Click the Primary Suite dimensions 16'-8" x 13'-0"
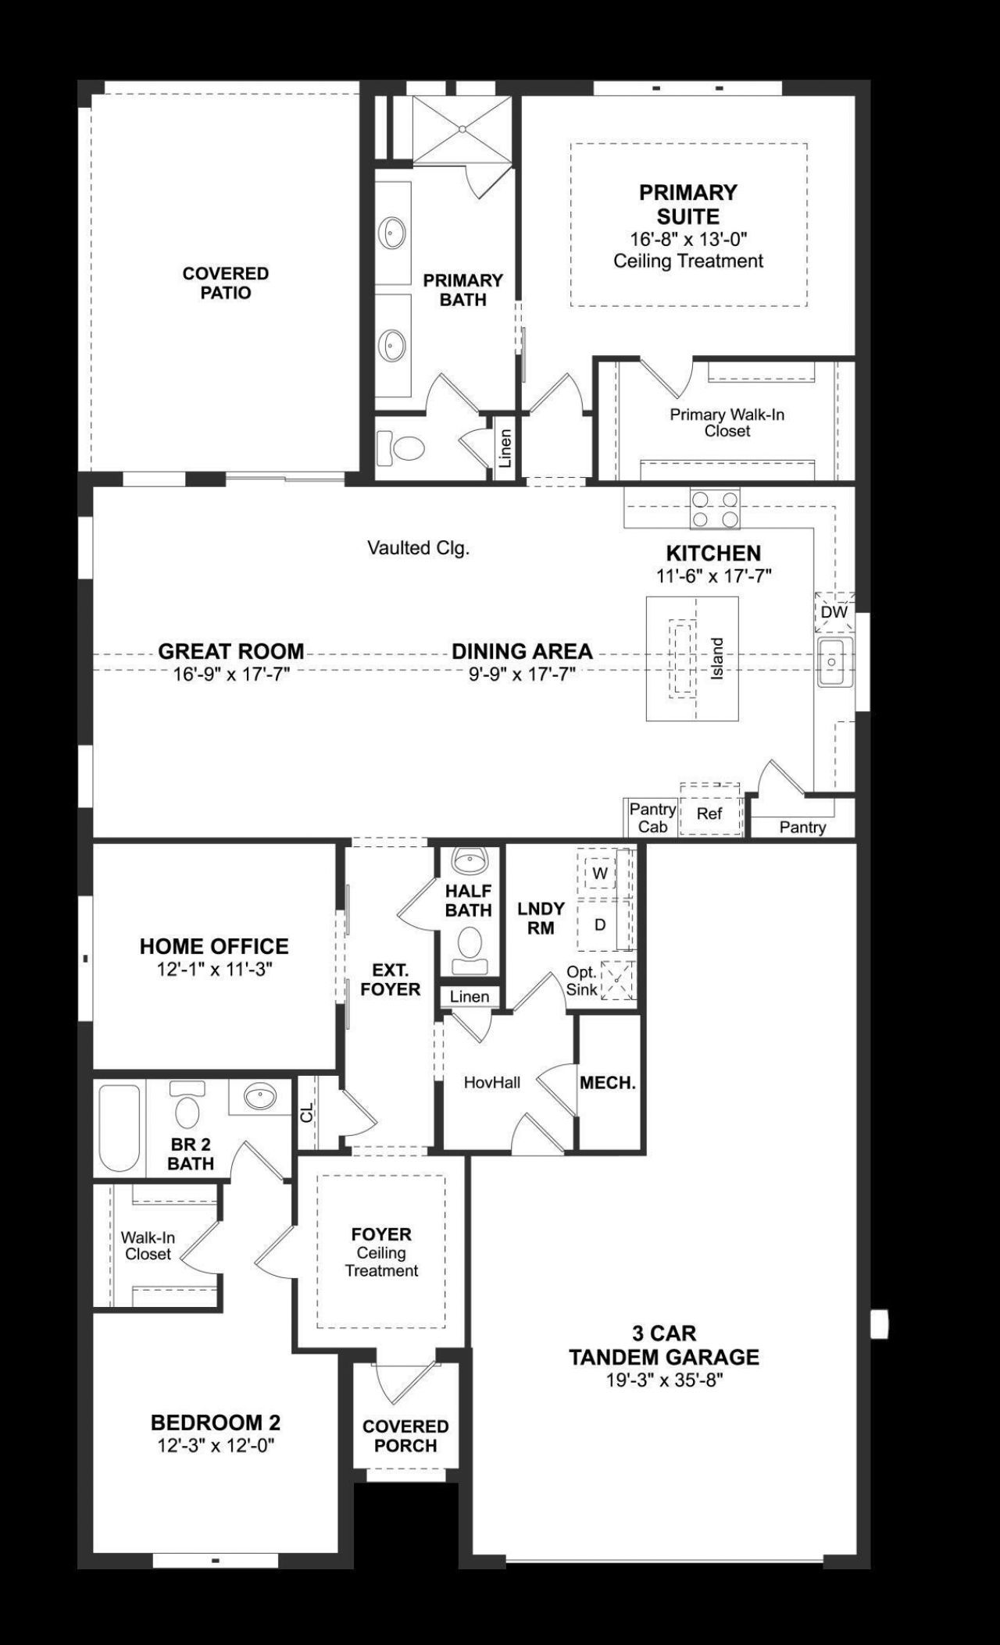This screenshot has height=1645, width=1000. tap(687, 239)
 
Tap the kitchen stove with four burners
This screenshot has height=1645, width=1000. tap(714, 508)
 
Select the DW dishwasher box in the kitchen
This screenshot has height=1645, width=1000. tap(834, 612)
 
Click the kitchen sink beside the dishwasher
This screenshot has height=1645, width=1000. tap(834, 661)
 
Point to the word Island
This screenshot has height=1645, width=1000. tap(717, 658)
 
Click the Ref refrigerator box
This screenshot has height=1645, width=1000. tap(709, 814)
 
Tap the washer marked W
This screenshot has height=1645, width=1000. tap(600, 874)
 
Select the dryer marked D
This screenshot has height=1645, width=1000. tap(600, 925)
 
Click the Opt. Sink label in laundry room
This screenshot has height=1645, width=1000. tap(583, 981)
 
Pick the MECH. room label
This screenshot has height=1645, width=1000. tap(607, 1083)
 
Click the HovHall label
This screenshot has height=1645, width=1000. tap(491, 1083)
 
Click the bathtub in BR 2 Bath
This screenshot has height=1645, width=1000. tap(120, 1128)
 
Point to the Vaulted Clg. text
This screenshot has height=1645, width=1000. tap(418, 549)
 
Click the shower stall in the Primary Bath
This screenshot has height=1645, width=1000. tap(462, 129)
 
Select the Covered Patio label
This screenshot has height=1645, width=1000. tap(226, 283)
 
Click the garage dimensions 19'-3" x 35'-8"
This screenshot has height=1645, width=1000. tap(664, 1380)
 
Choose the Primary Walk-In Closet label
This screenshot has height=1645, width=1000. tap(727, 422)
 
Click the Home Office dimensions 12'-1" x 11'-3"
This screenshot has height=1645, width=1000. tap(214, 970)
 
